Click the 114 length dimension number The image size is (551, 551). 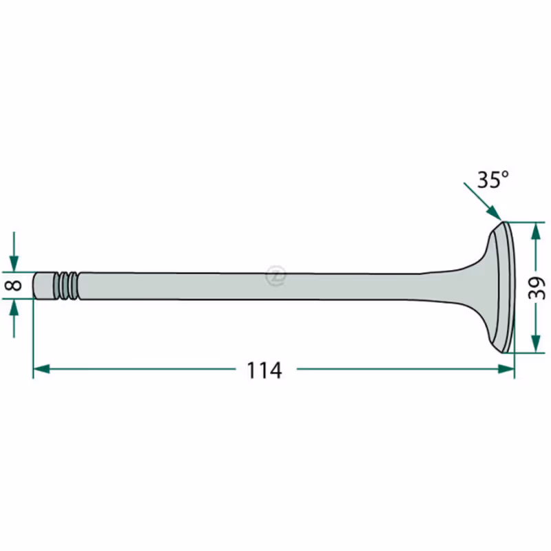pyautogui.click(x=264, y=370)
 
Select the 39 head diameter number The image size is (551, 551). pyautogui.click(x=537, y=288)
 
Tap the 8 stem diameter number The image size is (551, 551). pyautogui.click(x=14, y=285)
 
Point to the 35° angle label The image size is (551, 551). pyautogui.click(x=492, y=180)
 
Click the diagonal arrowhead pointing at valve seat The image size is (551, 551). pyautogui.click(x=495, y=214)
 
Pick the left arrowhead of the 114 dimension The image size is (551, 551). pyautogui.click(x=41, y=369)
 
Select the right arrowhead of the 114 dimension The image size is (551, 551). pyautogui.click(x=506, y=369)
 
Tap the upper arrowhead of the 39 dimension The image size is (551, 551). pyautogui.click(x=536, y=232)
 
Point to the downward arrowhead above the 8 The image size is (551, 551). pyautogui.click(x=14, y=264)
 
